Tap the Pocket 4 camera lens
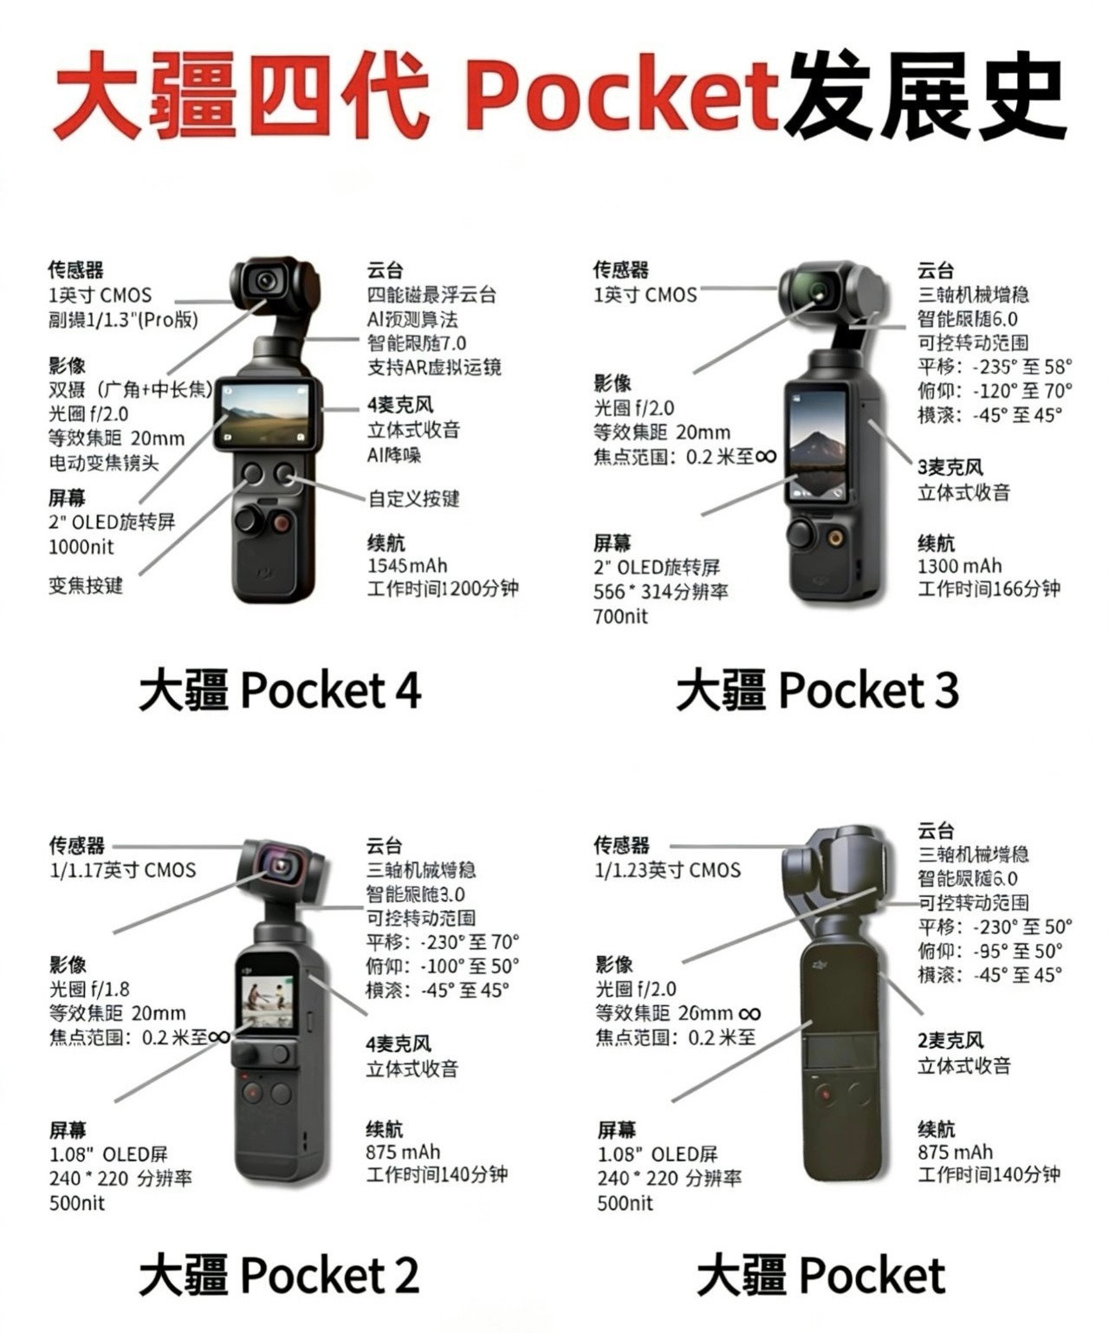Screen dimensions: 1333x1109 tap(265, 281)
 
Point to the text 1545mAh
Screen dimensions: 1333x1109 tap(407, 566)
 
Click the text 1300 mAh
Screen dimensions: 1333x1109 tap(959, 566)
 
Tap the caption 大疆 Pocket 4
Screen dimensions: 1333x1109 tap(280, 691)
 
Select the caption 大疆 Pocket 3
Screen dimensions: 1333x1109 tap(817, 691)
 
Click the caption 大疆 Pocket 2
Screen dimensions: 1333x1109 tap(279, 1275)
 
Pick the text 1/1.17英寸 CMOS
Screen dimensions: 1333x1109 tap(122, 870)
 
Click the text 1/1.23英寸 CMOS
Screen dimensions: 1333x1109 tap(667, 870)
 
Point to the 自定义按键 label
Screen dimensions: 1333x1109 tap(413, 499)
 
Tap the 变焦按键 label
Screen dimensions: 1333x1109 tap(86, 586)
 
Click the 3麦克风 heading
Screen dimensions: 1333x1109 tap(950, 468)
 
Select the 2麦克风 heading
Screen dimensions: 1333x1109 tap(950, 1041)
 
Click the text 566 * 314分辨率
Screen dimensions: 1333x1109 tap(660, 592)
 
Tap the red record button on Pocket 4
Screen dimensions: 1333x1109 tap(281, 522)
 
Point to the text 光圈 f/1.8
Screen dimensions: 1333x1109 tap(89, 989)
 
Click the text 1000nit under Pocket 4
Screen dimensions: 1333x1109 tap(81, 547)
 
